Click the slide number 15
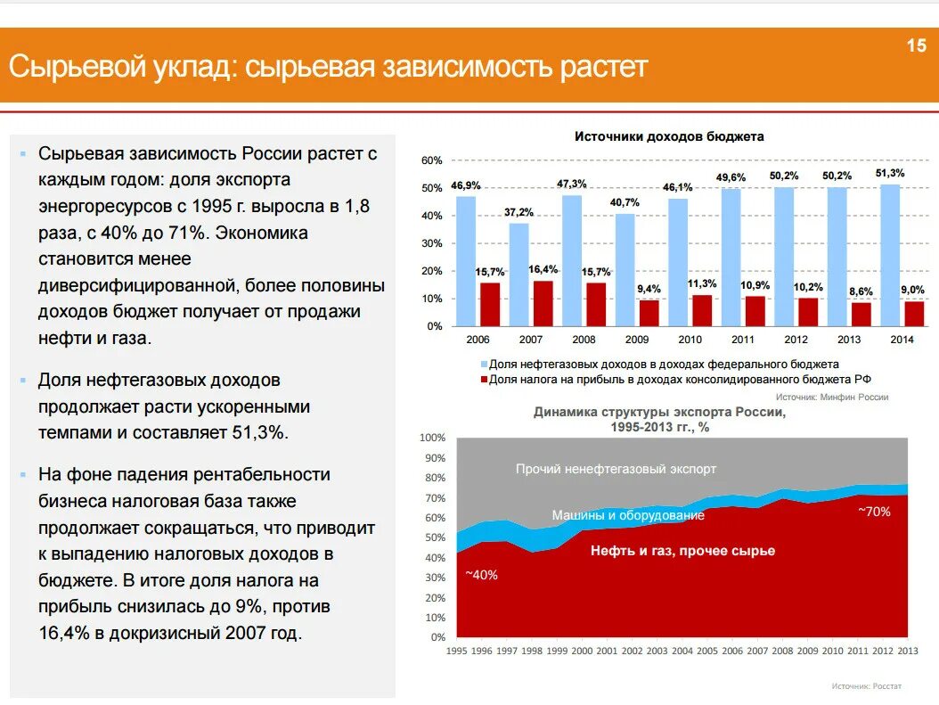tap(917, 46)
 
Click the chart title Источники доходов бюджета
tap(669, 136)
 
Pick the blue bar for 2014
tap(890, 255)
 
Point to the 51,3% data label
tap(890, 173)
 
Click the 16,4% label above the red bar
tap(543, 269)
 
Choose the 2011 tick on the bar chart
tap(743, 340)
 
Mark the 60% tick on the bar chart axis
tap(431, 160)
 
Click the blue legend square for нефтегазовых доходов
tap(485, 365)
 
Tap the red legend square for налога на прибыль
tap(485, 379)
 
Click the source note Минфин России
tap(832, 397)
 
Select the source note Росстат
tap(867, 685)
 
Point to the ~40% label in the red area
tap(482, 575)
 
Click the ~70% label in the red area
tap(874, 511)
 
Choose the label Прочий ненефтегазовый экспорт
tap(616, 469)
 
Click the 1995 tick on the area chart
tap(456, 651)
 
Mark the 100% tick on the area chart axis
tap(431, 438)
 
